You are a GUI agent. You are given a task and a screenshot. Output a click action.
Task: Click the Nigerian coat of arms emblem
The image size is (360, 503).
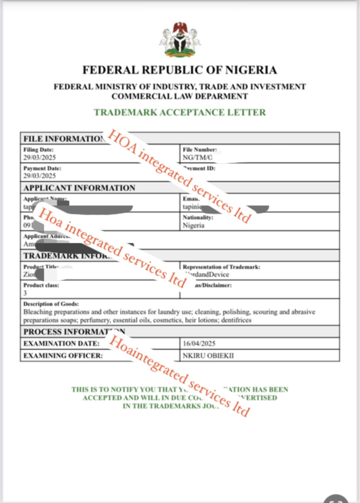[x=180, y=40]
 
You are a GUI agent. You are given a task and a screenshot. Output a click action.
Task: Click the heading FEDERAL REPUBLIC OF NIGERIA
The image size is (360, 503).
[x=180, y=70]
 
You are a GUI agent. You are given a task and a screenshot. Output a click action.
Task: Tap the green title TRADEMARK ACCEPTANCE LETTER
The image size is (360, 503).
[x=180, y=112]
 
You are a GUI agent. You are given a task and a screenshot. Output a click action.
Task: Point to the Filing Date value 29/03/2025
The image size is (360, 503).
[x=40, y=157]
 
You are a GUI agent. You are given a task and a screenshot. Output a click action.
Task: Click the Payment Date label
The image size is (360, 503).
[x=42, y=168]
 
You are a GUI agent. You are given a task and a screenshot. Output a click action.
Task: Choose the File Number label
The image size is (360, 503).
[x=200, y=150]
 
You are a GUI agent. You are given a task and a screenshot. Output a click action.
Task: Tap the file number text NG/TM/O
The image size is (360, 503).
[x=198, y=157]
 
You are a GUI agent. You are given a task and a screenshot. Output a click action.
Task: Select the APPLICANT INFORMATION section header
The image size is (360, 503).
[x=79, y=188]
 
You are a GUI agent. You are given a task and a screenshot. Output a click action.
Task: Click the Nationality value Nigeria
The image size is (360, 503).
[x=194, y=226]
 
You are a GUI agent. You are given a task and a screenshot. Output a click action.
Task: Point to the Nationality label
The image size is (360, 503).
[x=198, y=217]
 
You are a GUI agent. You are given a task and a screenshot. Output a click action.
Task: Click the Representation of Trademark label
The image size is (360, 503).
[x=222, y=267]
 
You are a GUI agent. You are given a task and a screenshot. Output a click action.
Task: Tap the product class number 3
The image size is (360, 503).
[x=25, y=293]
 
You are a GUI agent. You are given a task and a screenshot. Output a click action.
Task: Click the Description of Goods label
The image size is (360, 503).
[x=51, y=304]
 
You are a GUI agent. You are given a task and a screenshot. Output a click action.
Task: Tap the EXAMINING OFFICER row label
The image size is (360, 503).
[x=63, y=356]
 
